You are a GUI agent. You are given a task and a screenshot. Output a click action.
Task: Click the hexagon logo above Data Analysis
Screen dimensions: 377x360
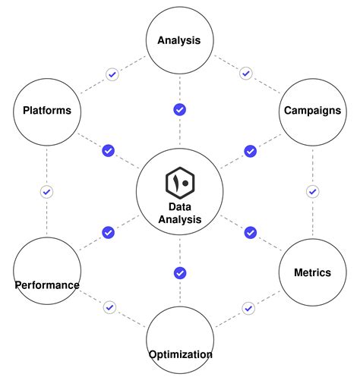180,183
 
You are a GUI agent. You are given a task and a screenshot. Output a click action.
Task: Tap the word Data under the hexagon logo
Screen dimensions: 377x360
180,206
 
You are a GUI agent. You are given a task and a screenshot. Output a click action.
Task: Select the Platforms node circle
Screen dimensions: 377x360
46,111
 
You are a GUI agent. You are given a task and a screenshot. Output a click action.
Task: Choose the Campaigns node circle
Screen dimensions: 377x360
312,111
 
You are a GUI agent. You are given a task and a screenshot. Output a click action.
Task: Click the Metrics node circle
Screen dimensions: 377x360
312,272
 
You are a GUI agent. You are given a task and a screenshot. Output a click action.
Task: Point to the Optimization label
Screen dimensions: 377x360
180,354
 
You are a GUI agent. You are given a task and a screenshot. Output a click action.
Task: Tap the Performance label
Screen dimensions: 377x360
46,285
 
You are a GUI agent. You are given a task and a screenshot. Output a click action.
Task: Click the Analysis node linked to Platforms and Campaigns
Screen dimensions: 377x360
179,40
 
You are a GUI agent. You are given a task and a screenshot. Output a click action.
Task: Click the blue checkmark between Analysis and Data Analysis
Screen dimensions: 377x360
180,109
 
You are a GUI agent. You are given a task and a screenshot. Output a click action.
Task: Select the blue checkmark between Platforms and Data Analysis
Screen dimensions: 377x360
108,151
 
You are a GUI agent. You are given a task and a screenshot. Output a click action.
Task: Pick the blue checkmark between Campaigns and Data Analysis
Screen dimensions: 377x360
250,151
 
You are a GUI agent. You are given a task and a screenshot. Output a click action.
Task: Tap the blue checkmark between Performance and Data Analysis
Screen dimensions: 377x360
108,232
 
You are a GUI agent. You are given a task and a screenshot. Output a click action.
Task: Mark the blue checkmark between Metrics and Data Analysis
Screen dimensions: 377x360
250,232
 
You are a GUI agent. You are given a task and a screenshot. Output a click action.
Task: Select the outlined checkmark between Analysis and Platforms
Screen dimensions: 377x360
112,74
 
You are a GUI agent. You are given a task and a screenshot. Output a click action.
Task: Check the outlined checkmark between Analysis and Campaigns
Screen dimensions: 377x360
245,74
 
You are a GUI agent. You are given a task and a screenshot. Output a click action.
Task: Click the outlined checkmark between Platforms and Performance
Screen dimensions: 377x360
46,192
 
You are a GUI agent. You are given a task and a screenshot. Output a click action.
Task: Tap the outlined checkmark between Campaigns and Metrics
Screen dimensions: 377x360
312,191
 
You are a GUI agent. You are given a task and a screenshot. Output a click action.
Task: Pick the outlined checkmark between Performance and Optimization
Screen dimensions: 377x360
110,307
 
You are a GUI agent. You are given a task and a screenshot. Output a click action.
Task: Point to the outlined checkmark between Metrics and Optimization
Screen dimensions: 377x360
248,308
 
